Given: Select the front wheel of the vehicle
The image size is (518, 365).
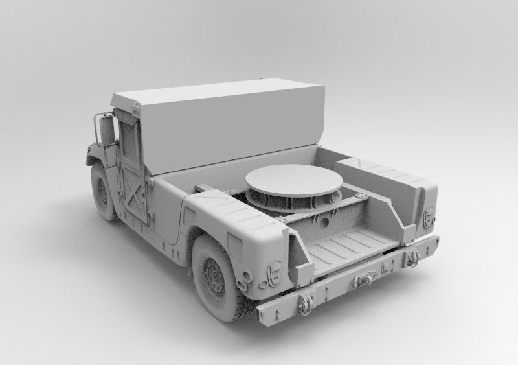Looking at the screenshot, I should [102, 192].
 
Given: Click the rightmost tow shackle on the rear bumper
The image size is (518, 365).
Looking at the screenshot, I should [412, 258].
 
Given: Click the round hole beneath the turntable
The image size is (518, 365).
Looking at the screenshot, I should [322, 222].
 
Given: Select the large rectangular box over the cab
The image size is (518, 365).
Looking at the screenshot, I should [220, 123].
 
